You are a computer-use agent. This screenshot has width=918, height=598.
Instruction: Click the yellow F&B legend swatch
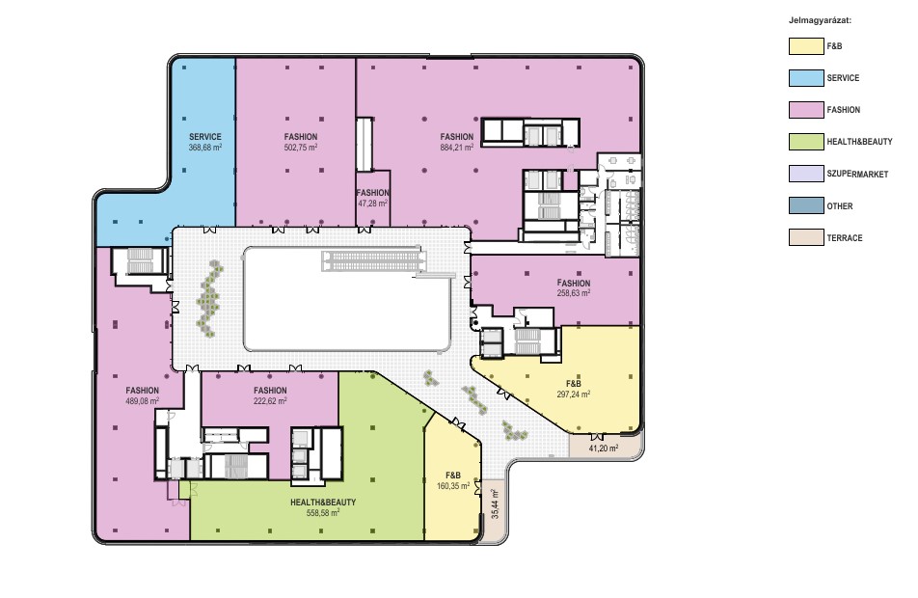[x=806, y=46]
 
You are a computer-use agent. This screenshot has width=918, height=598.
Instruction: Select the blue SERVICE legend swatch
[x=806, y=78]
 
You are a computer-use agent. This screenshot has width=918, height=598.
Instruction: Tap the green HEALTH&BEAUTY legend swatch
[x=806, y=142]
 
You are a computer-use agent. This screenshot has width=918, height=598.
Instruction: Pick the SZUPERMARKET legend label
[x=857, y=174]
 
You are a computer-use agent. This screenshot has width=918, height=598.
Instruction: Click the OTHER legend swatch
[x=806, y=205]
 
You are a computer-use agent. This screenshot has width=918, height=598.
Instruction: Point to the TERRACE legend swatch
[x=806, y=237]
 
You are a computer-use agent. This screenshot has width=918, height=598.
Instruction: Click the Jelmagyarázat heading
[x=820, y=20]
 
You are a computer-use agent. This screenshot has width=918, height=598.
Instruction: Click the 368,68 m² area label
[x=204, y=148]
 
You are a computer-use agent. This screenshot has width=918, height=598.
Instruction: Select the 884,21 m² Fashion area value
[x=457, y=148]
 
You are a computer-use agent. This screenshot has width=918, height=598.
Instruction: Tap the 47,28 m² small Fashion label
[x=372, y=204]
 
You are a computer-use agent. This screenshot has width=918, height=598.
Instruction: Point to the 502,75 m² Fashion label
[x=300, y=148]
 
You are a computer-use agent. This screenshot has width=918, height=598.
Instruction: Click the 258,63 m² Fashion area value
[x=573, y=293]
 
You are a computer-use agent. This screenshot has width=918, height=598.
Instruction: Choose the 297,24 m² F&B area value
[x=573, y=394]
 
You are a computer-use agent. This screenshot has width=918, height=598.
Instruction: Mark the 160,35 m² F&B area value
[x=452, y=486]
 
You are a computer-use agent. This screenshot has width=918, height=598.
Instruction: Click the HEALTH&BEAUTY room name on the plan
[x=323, y=502]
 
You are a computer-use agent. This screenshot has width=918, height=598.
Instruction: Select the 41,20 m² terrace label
[x=604, y=448]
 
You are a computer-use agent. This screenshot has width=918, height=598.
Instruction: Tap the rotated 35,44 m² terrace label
[x=495, y=504]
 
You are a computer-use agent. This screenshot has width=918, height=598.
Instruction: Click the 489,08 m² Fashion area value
[x=143, y=401]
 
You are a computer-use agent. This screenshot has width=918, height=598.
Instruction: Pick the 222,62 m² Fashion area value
[x=270, y=401]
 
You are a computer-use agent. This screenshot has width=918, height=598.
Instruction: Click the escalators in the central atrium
[x=373, y=260]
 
